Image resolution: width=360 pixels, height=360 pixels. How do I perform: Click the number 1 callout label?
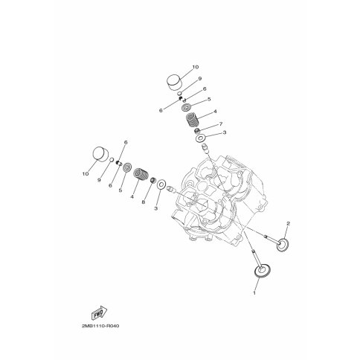(254, 293)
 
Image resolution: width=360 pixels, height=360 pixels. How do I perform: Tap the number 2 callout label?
(288, 223)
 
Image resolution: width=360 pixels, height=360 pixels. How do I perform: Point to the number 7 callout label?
(221, 123)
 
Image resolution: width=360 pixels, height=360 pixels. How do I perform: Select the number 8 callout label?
(144, 202)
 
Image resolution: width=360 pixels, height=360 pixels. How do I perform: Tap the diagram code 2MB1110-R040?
(100, 326)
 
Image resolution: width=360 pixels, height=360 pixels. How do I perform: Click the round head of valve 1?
(263, 271)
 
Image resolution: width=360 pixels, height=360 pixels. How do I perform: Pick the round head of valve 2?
(283, 245)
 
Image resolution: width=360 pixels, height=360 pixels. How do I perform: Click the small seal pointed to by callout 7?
(197, 130)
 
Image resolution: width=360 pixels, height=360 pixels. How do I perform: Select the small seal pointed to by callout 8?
(153, 180)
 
